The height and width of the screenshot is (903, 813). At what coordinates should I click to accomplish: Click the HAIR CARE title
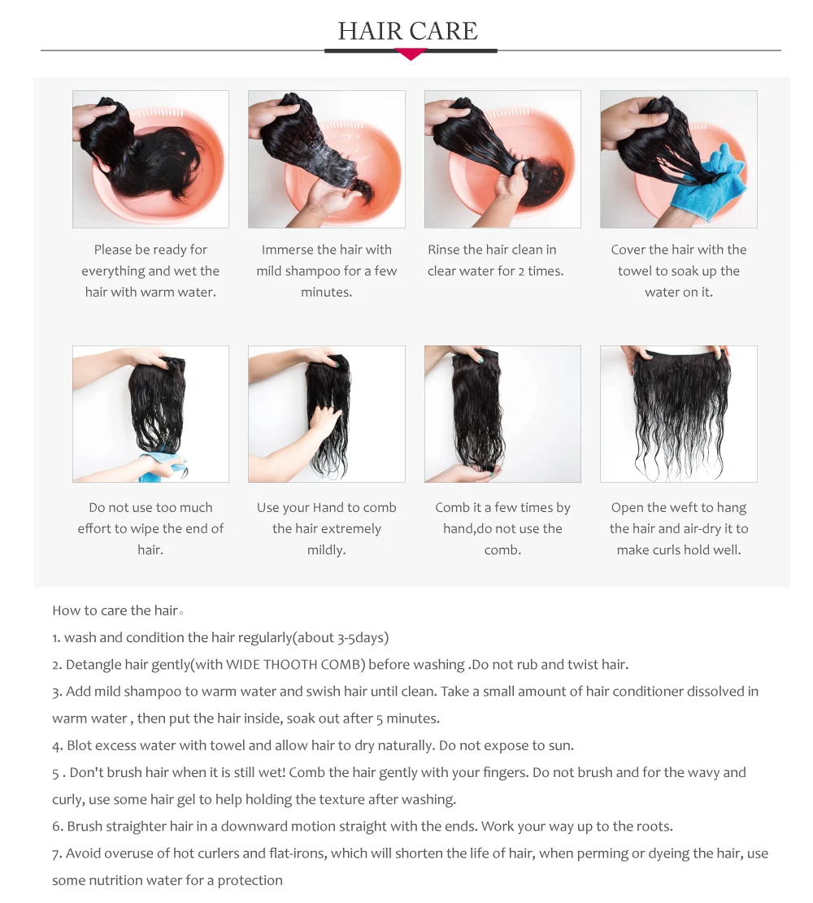pyautogui.click(x=407, y=31)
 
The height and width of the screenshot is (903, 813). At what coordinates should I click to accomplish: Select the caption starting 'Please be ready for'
pyautogui.click(x=150, y=271)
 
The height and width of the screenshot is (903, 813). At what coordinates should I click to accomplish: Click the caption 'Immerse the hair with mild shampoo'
pyautogui.click(x=326, y=271)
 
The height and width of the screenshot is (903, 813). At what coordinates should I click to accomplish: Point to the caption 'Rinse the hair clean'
pyautogui.click(x=495, y=260)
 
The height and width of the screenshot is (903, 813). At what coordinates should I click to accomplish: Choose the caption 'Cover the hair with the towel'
pyautogui.click(x=678, y=271)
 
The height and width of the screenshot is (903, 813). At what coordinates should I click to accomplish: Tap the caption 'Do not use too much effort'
pyautogui.click(x=150, y=528)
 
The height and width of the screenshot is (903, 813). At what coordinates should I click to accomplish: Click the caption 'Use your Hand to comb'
pyautogui.click(x=326, y=528)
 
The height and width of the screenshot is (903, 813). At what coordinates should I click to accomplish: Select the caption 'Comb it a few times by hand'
pyautogui.click(x=502, y=528)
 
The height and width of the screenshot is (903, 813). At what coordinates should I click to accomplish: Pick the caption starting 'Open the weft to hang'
pyautogui.click(x=678, y=528)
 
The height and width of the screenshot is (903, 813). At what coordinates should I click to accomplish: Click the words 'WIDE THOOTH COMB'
pyautogui.click(x=294, y=665)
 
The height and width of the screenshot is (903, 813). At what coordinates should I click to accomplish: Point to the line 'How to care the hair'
pyautogui.click(x=115, y=610)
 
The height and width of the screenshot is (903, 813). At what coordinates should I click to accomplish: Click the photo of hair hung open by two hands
pyautogui.click(x=678, y=414)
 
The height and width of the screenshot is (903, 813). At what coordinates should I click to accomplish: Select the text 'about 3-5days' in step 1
pyautogui.click(x=342, y=638)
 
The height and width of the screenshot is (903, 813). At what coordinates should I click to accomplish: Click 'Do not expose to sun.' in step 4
pyautogui.click(x=506, y=745)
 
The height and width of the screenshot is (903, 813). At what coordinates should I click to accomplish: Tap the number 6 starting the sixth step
pyautogui.click(x=57, y=827)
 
